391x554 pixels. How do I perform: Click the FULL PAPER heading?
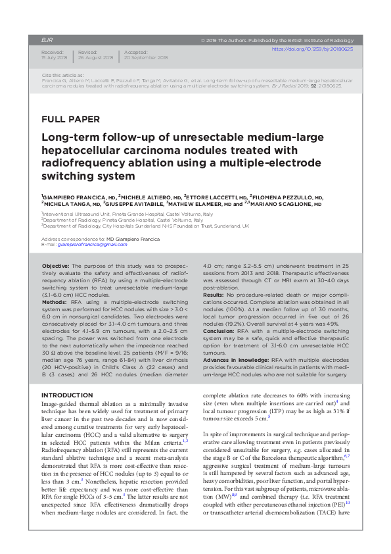[x=70, y=120]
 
